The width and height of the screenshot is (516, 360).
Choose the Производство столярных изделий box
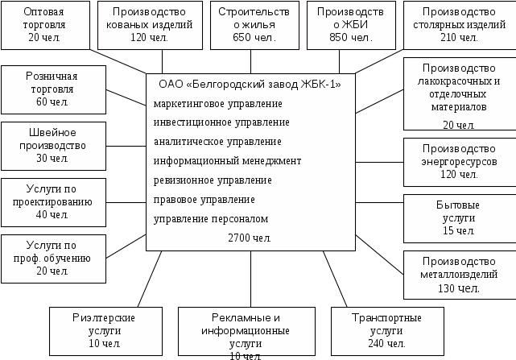pyautogui.click(x=459, y=25)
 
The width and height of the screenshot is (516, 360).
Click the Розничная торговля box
pyautogui.click(x=53, y=88)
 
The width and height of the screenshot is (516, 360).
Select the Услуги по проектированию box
pyautogui.click(x=53, y=202)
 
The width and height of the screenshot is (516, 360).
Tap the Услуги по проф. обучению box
pyautogui.click(x=53, y=258)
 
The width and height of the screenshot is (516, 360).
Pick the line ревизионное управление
pyautogui.click(x=212, y=180)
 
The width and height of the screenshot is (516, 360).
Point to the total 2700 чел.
pyautogui.click(x=250, y=238)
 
